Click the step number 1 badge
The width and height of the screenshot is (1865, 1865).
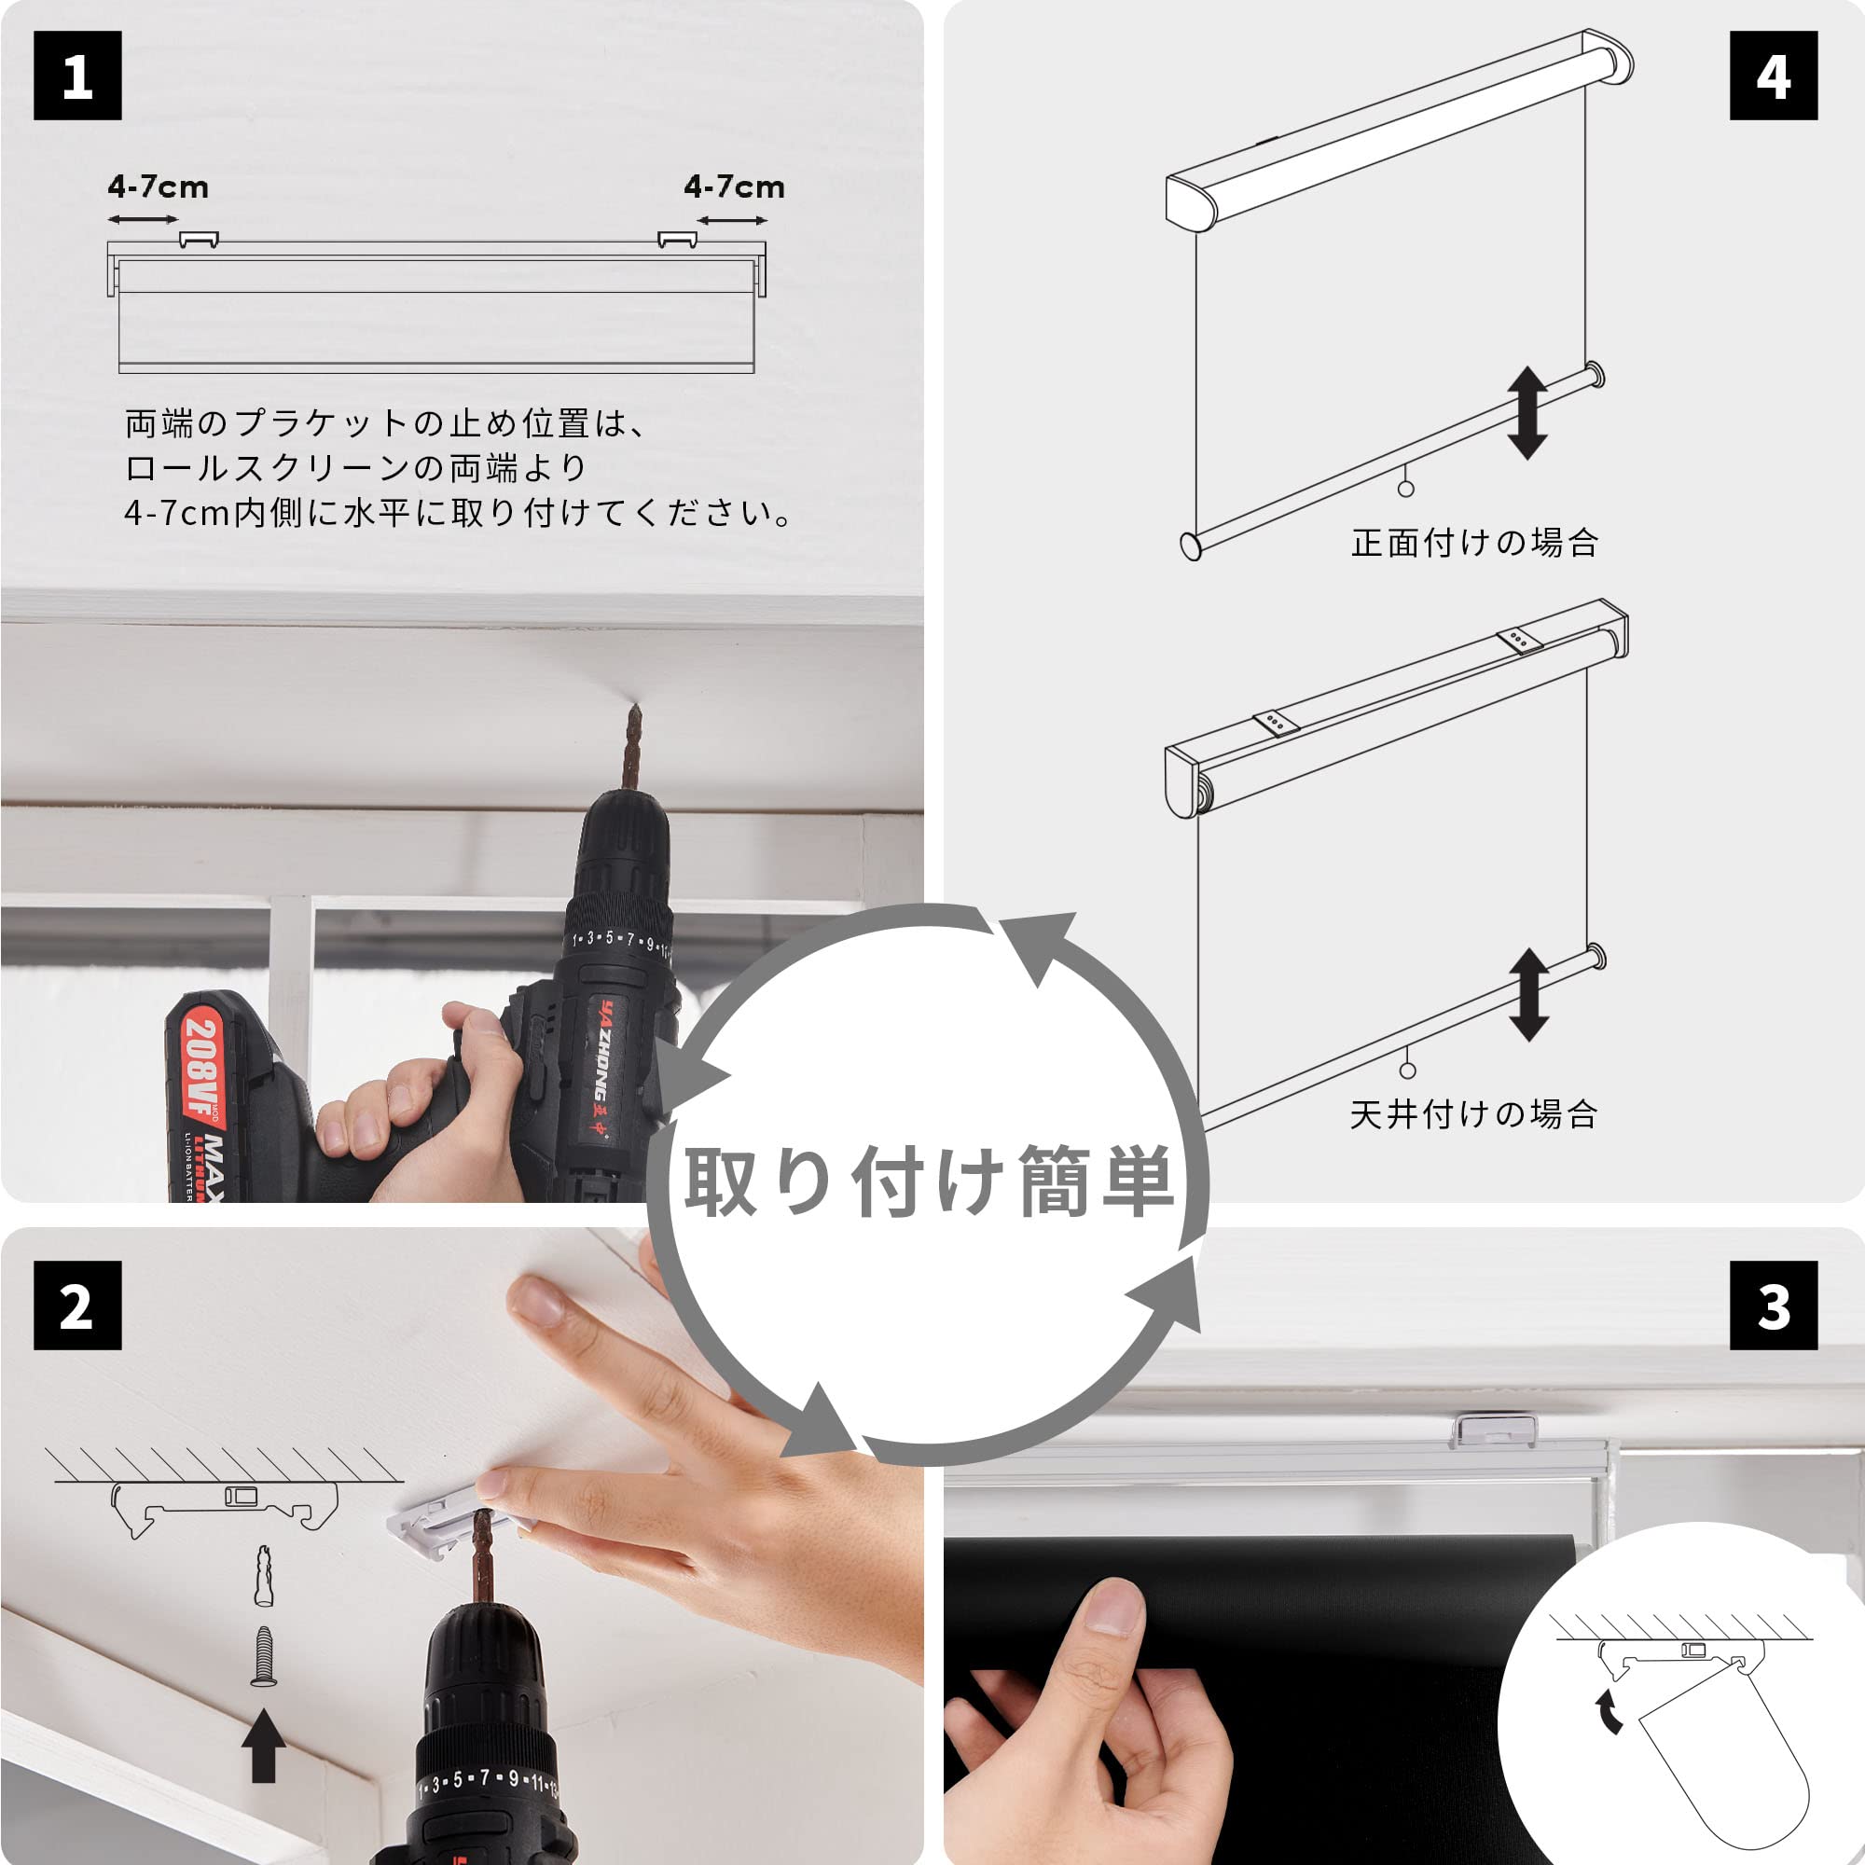77,76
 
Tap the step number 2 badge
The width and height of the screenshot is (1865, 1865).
77,1305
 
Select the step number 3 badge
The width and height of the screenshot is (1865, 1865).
1774,1305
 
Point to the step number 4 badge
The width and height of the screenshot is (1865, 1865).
1774,76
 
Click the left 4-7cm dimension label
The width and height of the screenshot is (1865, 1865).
159,186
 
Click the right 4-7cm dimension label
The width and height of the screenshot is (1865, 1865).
734,186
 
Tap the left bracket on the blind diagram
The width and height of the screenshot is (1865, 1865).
199,240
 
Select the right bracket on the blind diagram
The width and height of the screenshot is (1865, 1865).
677,240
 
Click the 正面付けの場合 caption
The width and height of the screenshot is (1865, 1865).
1474,543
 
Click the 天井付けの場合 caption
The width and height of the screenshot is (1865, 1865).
1473,1114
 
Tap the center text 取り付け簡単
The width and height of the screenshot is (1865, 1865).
929,1181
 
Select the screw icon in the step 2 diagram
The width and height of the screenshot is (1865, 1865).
264,1656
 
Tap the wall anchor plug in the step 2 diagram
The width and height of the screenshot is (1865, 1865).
264,1575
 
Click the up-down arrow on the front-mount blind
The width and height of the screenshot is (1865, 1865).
1527,412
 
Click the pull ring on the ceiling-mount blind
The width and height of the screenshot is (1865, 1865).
1407,1071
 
